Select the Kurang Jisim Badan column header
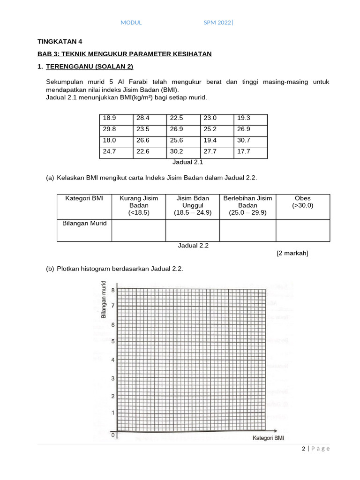point(139,205)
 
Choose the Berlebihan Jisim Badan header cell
point(247,205)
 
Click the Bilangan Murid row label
point(84,224)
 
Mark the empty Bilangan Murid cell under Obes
point(302,230)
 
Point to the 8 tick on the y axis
point(112,290)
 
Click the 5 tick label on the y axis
point(112,341)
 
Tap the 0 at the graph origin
point(113,436)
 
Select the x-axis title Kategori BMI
point(268,438)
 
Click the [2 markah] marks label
point(292,253)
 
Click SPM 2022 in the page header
point(217,22)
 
